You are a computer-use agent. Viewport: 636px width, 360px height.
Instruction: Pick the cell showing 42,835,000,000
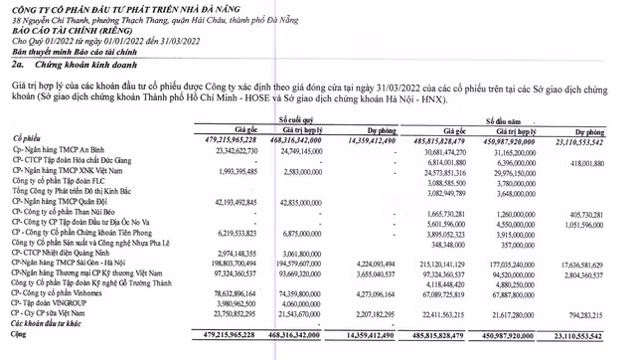point(298,203)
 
